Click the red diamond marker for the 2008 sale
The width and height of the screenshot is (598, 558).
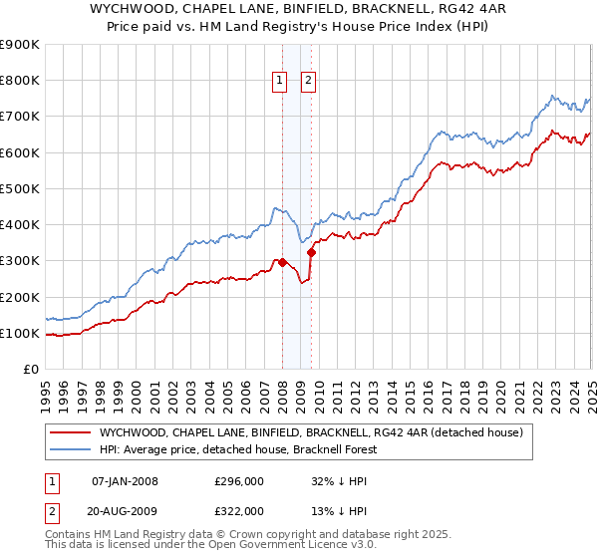pyautogui.click(x=282, y=263)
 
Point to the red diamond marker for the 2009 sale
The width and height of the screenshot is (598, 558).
pyautogui.click(x=312, y=253)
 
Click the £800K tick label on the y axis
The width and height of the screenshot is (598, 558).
pyautogui.click(x=20, y=81)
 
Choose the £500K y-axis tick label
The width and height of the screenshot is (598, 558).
pyautogui.click(x=20, y=188)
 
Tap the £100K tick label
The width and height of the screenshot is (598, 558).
pyautogui.click(x=20, y=333)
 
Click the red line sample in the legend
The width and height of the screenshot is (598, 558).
pyautogui.click(x=71, y=432)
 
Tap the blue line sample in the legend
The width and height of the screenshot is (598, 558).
pyautogui.click(x=71, y=449)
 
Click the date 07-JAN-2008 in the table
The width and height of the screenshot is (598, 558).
pyautogui.click(x=125, y=481)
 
